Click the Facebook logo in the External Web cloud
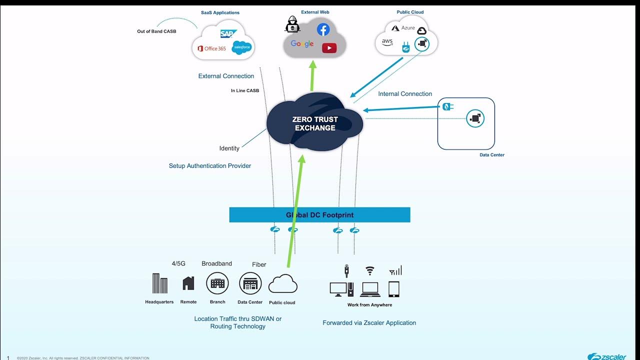pos(323,29)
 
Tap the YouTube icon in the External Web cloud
pos(329,48)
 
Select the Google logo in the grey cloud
pos(302,44)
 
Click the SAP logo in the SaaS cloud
pos(228,33)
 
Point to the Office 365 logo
pos(211,48)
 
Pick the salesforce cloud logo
pos(241,47)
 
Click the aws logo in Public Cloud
pos(387,42)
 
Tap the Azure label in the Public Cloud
pos(404,28)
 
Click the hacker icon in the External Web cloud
pos(292,24)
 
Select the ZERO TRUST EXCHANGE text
pos(315,123)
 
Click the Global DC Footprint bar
pos(319,215)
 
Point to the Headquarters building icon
pos(159,283)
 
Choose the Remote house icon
pos(188,283)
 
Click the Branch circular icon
pos(217,283)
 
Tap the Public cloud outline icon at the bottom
pos(282,284)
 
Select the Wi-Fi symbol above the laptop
pos(369,271)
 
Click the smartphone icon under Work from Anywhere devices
pos(394,289)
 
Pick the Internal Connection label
pos(405,94)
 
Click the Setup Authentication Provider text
pos(210,166)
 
